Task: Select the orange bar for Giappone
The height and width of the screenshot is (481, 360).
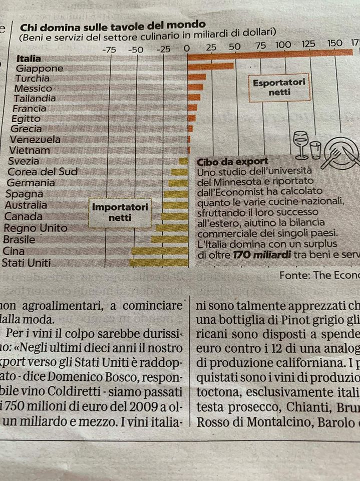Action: (210, 66)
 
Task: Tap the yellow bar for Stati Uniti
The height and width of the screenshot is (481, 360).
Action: (159, 262)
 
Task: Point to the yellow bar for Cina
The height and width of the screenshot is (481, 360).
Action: (160, 251)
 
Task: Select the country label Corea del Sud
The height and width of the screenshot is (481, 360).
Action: (43, 172)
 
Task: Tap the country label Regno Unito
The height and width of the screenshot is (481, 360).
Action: (35, 228)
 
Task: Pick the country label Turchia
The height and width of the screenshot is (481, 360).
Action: (33, 78)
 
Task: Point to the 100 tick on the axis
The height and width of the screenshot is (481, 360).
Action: (283, 45)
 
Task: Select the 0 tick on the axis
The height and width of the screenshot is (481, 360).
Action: (187, 49)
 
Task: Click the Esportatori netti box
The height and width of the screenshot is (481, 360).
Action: (279, 87)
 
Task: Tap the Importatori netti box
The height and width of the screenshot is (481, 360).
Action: (120, 212)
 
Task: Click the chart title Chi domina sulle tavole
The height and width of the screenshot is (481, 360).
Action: (112, 24)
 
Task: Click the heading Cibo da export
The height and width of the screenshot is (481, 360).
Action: (225, 161)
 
